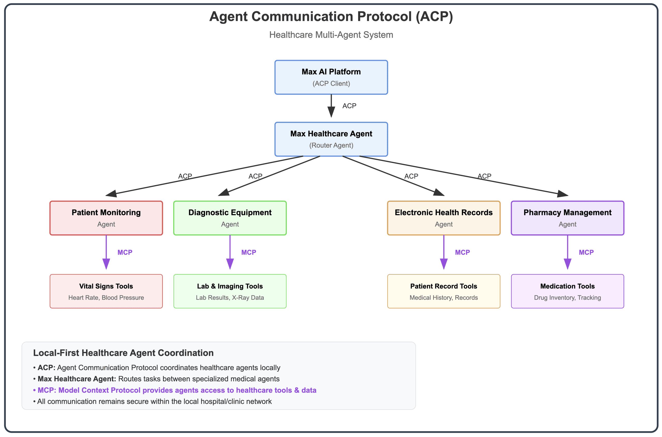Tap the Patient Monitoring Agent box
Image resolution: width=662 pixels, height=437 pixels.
[106, 218]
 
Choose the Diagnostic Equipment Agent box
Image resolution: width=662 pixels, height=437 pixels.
[230, 218]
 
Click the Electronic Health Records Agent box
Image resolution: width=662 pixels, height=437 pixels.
[443, 218]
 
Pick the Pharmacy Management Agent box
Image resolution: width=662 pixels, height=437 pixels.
[567, 218]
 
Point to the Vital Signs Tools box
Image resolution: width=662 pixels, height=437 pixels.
[106, 291]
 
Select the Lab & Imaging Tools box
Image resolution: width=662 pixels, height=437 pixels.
[230, 291]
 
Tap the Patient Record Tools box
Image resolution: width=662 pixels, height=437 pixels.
[443, 291]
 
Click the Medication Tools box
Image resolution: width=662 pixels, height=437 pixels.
[567, 291]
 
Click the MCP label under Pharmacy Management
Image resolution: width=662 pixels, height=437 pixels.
[586, 252]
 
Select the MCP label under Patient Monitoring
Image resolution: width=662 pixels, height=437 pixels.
[125, 252]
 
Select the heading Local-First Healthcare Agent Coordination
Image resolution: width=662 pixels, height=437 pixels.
[123, 353]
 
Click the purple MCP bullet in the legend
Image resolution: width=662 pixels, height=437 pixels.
[175, 390]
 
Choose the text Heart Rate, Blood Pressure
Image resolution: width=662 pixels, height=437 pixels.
[106, 297]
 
